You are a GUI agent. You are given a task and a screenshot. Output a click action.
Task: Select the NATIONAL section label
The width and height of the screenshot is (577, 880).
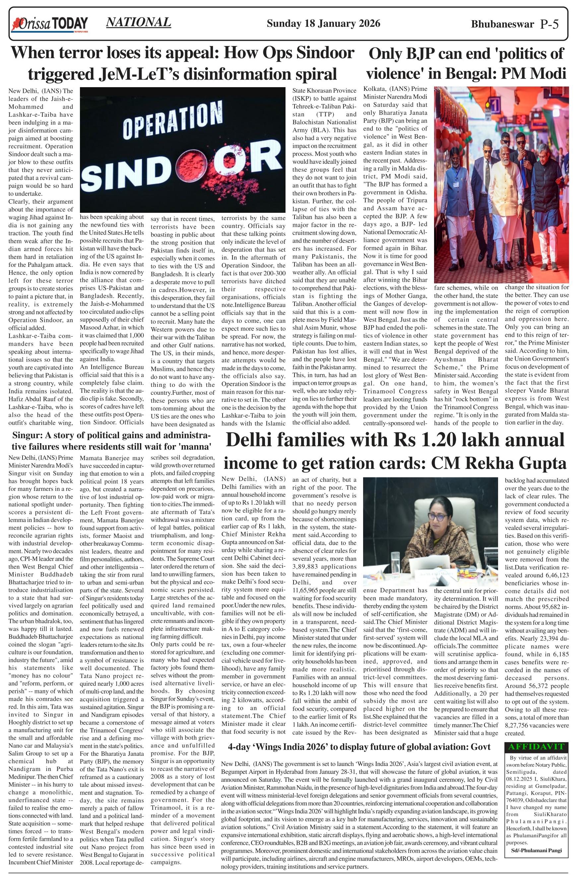[x=138, y=22]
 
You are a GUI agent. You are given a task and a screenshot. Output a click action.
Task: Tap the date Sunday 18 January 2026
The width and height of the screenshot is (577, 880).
[x=323, y=24]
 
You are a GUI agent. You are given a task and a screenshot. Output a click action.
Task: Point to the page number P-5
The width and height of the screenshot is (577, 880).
[x=549, y=25]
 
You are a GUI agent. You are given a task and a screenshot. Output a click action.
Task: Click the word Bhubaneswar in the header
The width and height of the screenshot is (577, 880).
[x=502, y=25]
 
